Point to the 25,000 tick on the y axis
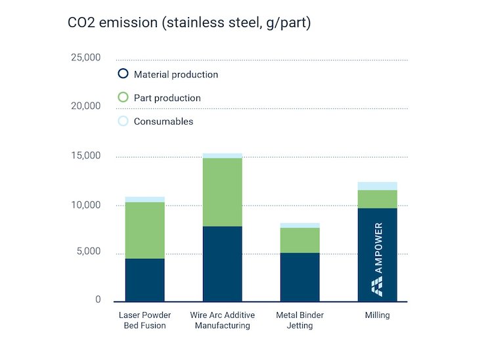tap(85, 58)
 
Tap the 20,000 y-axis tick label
tap(85, 106)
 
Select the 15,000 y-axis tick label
tap(85, 156)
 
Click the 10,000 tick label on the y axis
tap(85, 205)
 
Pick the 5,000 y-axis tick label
tap(88, 252)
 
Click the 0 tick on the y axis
tap(98, 300)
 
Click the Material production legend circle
tap(123, 74)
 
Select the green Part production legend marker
tap(123, 97)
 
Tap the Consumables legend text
tap(164, 122)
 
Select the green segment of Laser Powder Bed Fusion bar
tap(144, 230)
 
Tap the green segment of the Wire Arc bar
tap(222, 192)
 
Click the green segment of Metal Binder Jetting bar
tap(300, 240)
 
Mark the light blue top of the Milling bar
tap(377, 186)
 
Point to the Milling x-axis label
tap(377, 315)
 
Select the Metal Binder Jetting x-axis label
tap(300, 320)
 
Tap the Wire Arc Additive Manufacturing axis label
tap(222, 320)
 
